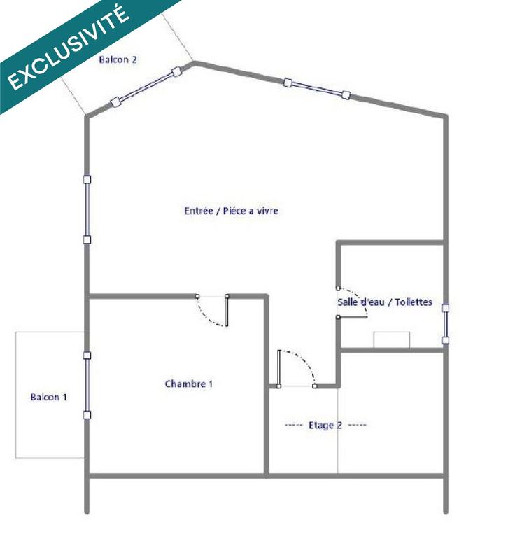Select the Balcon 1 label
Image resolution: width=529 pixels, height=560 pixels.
[48, 397]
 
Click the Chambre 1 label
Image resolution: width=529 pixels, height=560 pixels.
[188, 384]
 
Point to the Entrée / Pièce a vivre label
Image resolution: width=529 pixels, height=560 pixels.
[231, 210]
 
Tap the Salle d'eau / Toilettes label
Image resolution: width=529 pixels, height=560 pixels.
[384, 302]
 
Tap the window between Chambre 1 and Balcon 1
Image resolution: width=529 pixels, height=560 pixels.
[87, 385]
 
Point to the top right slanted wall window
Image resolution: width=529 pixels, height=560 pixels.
[316, 88]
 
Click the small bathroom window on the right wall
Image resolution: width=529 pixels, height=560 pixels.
[445, 323]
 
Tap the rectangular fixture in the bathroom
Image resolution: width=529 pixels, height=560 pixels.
[391, 339]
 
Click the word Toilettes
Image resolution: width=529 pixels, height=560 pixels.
[413, 302]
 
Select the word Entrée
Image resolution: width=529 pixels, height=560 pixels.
[197, 210]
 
